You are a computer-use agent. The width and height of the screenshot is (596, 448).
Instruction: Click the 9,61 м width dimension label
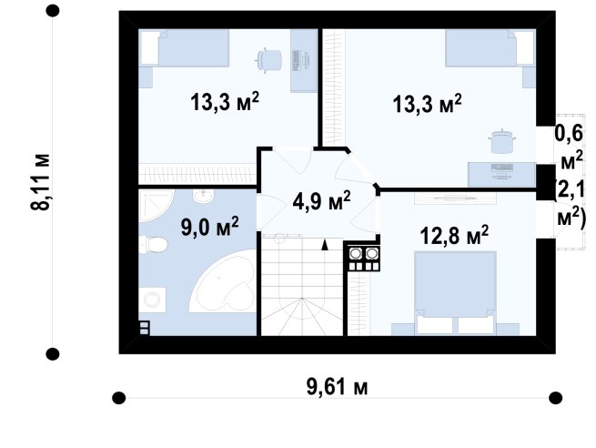337,388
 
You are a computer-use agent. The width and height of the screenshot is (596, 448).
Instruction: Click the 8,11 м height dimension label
40,182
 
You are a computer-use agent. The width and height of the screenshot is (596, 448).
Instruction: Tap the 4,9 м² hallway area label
321,200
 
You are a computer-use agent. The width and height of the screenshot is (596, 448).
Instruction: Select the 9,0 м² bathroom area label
209,226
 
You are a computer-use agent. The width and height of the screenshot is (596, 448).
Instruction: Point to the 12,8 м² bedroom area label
454,235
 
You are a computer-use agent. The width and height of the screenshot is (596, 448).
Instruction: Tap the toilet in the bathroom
153,245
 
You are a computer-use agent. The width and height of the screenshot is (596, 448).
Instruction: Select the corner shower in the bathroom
155,206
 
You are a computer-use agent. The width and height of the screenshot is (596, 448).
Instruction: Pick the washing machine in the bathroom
152,300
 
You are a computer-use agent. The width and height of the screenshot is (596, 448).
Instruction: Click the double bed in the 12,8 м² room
455,293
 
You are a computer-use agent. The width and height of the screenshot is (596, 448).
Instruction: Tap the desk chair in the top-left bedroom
269,60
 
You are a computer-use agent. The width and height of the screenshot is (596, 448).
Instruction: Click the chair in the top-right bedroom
502,141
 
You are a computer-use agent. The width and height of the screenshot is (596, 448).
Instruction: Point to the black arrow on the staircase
324,245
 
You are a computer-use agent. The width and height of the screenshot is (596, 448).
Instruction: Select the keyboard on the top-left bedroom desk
296,60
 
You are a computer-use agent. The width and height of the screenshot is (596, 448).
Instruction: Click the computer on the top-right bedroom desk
502,170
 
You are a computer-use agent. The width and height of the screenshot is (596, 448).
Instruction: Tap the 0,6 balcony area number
569,134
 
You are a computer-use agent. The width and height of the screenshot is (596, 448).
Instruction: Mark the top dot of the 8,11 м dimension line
53,11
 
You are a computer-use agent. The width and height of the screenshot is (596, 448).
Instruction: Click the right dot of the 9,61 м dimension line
556,398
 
